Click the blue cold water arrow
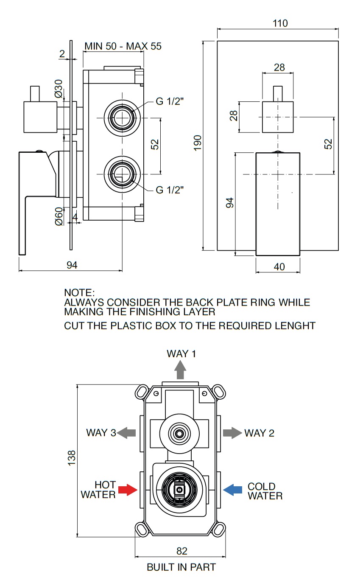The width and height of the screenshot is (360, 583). tap(233, 491)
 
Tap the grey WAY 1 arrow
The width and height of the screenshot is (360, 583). tap(181, 370)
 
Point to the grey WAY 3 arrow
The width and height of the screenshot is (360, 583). tap(126, 433)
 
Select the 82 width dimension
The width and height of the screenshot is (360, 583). tap(181, 551)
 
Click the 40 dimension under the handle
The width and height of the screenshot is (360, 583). tap(279, 266)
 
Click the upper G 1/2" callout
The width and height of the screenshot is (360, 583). tap(170, 102)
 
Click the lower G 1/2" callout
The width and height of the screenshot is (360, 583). tap(170, 190)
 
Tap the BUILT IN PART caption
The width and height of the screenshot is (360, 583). tap(181, 567)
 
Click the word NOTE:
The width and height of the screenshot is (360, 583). tap(79, 293)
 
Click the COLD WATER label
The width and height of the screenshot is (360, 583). tap(265, 491)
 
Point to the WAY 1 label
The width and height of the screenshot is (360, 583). tap(181, 353)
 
